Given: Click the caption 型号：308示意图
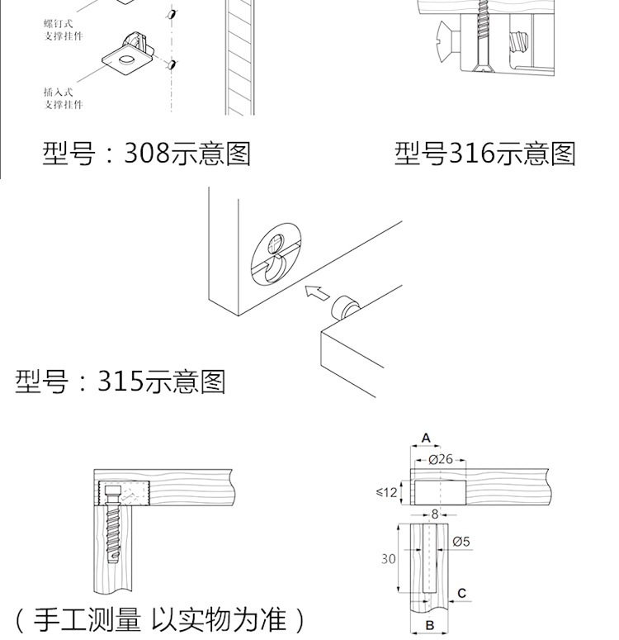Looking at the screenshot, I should pos(146,154).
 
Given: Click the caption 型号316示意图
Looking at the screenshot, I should pos(484,154).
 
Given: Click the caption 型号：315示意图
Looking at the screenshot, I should pos(120,382).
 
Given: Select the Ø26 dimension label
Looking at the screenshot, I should pos(441,459).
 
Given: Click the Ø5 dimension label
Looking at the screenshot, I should pos(461,542).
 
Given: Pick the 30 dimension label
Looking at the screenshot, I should pos(388,559).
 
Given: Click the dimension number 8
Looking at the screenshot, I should pos(435,514).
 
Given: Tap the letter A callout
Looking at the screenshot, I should pos(427,438).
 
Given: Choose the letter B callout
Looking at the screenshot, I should pos(429,626).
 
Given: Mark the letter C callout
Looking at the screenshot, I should pos(461,593).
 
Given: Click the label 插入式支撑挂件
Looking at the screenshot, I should pos(64,99).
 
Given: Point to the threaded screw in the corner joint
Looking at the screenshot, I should pos(112,537).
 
